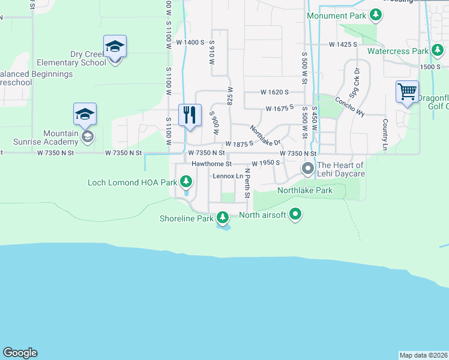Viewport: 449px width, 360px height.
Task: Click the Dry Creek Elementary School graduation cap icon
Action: coord(115,46)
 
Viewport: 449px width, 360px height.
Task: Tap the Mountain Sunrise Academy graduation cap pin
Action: coord(85,113)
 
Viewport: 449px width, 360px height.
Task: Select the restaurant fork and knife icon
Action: coord(190,115)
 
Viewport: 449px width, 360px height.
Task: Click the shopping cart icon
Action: coord(407,92)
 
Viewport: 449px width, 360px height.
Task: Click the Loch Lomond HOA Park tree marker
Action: coord(186,181)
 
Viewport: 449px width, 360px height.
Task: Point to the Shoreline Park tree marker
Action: coord(223,217)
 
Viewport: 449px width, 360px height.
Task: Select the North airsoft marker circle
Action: coord(295,214)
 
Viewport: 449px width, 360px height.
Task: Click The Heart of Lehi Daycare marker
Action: coord(308,169)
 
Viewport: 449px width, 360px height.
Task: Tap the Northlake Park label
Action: coord(304,190)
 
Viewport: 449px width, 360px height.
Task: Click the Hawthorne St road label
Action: coord(211,164)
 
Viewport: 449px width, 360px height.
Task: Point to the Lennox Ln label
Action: coord(228,176)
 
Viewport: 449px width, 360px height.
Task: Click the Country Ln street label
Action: coord(385,135)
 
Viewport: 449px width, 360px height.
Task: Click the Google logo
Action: coord(20,353)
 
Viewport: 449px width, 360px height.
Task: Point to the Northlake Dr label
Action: coord(265,136)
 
